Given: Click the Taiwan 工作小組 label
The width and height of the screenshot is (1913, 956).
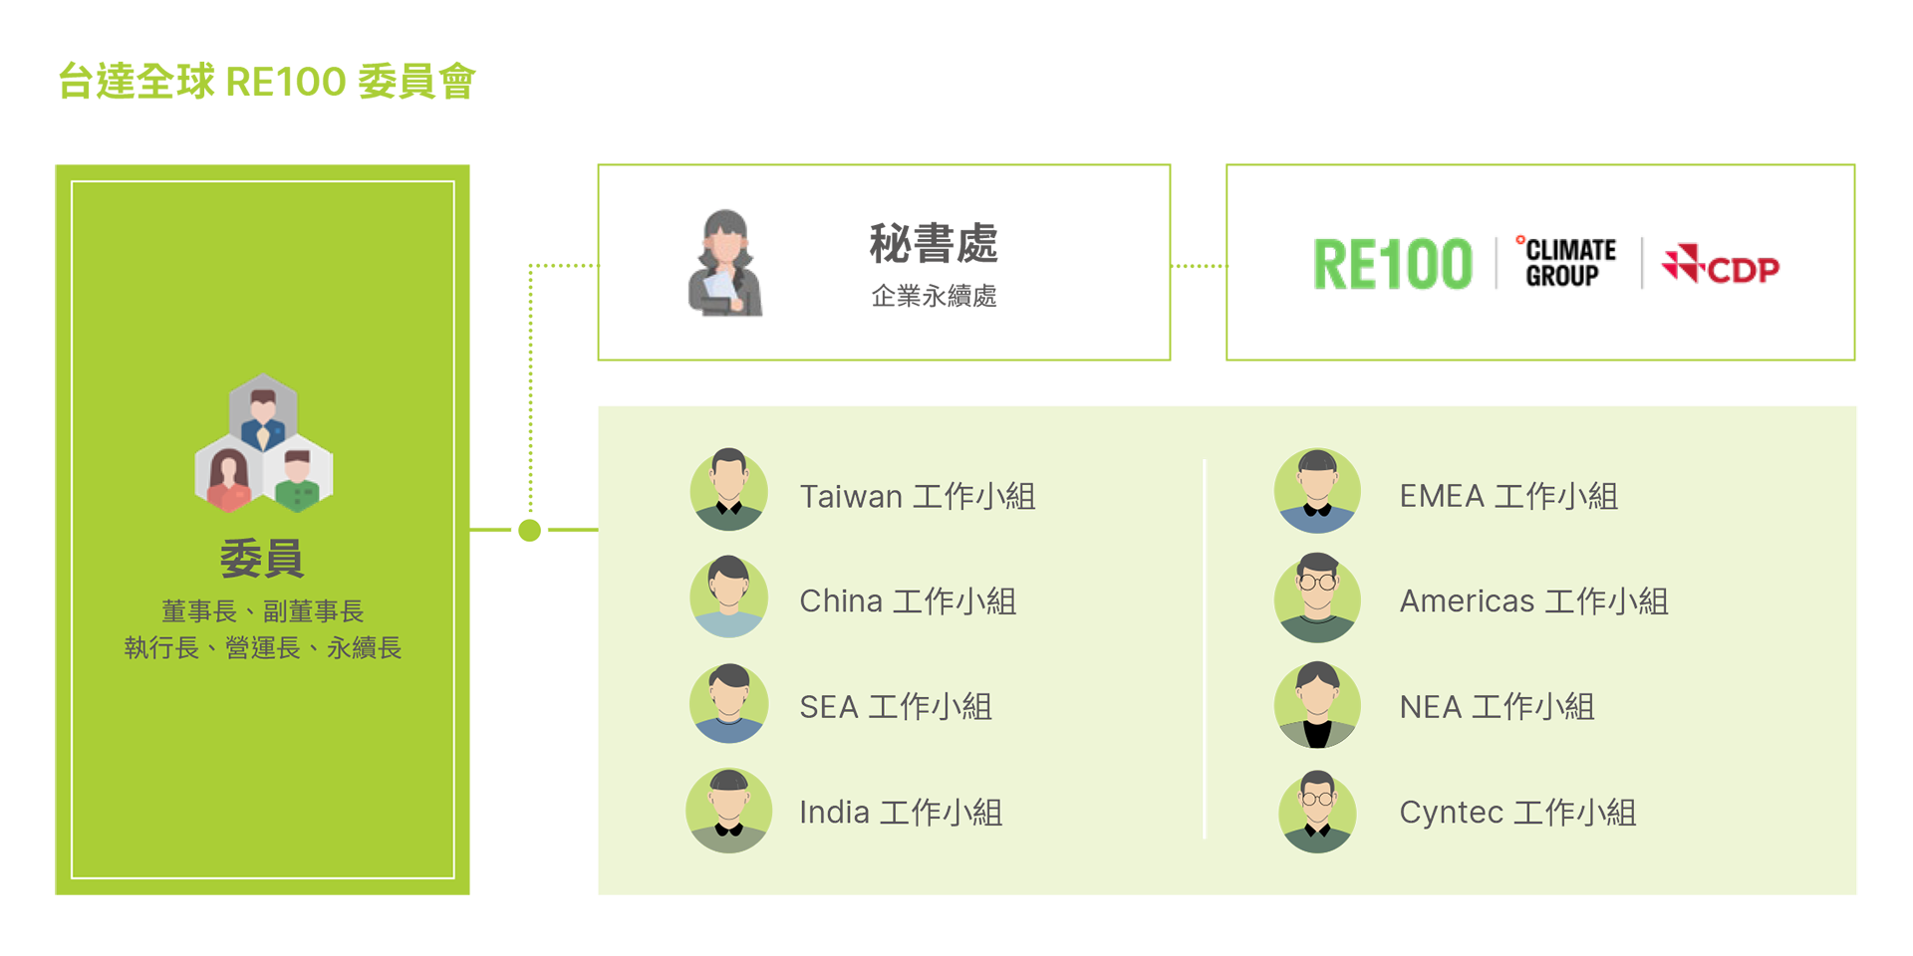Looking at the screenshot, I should point(917,496).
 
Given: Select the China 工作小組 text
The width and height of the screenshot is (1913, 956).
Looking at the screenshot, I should point(907,601).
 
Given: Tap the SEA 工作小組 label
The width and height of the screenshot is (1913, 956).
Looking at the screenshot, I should point(895,707).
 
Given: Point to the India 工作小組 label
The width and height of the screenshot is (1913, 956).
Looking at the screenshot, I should point(900,813).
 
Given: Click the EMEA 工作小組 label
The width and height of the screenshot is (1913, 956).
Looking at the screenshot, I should point(1507,496).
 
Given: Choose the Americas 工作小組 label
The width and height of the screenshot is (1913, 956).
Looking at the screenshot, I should point(1532,601).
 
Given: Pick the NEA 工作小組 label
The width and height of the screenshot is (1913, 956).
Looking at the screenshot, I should point(1496,707).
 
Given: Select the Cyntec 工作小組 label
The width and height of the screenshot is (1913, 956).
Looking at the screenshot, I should point(1516,813).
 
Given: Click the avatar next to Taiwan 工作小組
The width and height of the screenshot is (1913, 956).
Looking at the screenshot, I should point(729,489).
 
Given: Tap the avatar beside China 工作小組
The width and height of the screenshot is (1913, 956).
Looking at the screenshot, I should point(729,596).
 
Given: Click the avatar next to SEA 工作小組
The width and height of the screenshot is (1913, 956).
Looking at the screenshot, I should point(729,703).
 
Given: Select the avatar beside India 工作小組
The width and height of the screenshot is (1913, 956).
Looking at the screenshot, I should point(729,810).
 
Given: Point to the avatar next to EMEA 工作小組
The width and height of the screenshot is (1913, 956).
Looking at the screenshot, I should point(1317,490).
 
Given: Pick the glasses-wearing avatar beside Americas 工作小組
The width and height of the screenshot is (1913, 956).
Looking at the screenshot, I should point(1317,597).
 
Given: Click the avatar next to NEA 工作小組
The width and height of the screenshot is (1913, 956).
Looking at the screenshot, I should point(1317,704).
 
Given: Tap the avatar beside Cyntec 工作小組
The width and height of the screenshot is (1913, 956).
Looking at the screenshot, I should point(1317,811).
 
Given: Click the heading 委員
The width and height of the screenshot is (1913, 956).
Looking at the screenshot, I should point(262,558).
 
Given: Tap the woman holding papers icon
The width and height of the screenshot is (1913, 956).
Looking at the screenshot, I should point(725,264).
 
